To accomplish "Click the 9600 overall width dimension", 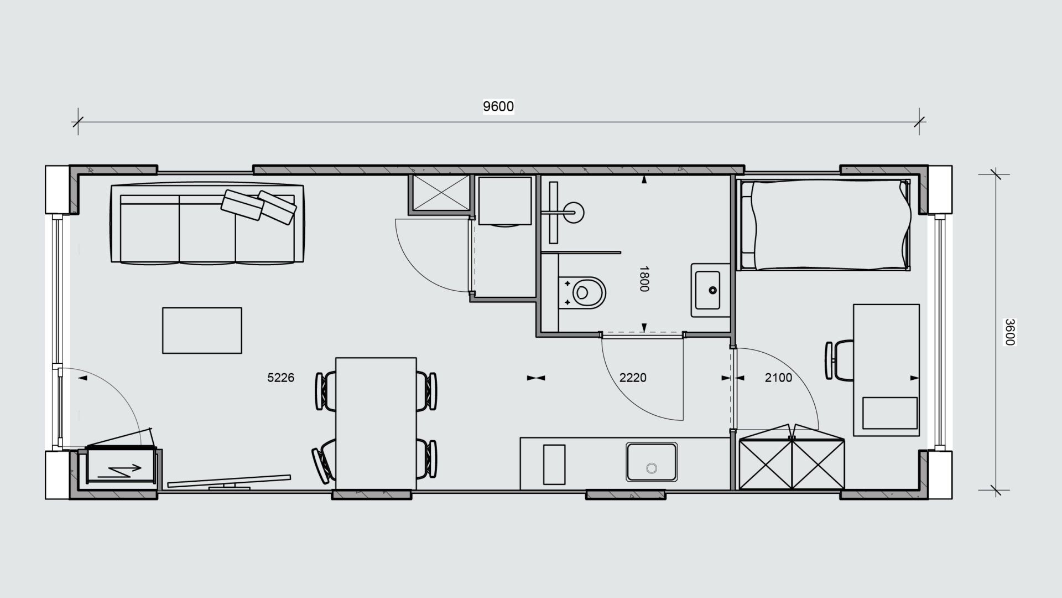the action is [x=498, y=106].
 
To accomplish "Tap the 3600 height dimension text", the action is [x=1009, y=332].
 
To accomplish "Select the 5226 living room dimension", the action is [x=280, y=378].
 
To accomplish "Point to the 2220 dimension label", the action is [x=633, y=378].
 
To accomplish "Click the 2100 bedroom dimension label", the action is [x=778, y=378].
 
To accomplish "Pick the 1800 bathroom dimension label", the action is [x=644, y=279].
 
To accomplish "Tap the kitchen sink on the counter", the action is [x=652, y=462].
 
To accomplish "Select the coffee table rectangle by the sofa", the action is [x=202, y=331].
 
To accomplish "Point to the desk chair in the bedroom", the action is [x=839, y=360].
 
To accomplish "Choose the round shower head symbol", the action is [x=576, y=212].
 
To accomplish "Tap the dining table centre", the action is [x=376, y=424].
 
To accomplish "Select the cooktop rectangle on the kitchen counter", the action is [x=554, y=464].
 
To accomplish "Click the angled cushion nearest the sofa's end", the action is [x=278, y=207].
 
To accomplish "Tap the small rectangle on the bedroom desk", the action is [x=889, y=413].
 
